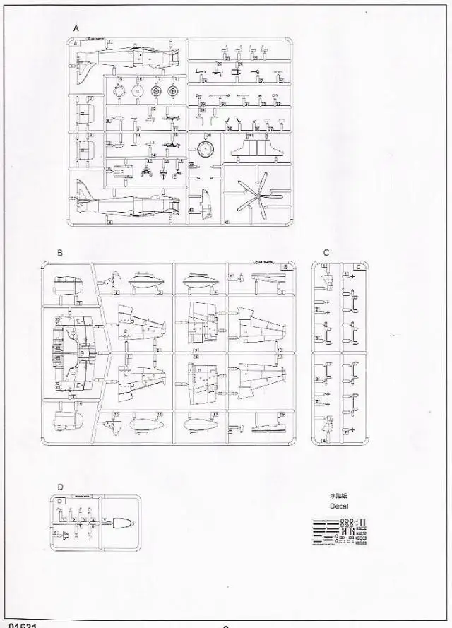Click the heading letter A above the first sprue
click(x=76, y=28)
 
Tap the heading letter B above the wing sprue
click(x=60, y=252)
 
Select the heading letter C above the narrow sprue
click(x=326, y=252)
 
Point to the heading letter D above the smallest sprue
click(x=60, y=487)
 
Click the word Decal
click(x=339, y=506)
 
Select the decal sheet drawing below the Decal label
click(x=339, y=531)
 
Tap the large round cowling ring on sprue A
click(x=206, y=149)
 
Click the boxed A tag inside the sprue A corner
click(x=76, y=42)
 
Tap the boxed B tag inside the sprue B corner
click(x=285, y=267)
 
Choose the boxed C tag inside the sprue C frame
click(x=359, y=267)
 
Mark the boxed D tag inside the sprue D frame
click(x=60, y=501)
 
